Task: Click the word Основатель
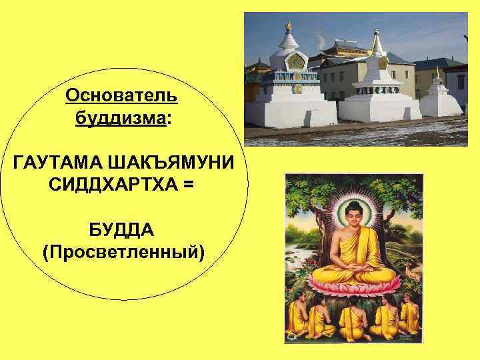(121, 95)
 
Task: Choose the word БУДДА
(122, 230)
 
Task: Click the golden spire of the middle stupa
(377, 41)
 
